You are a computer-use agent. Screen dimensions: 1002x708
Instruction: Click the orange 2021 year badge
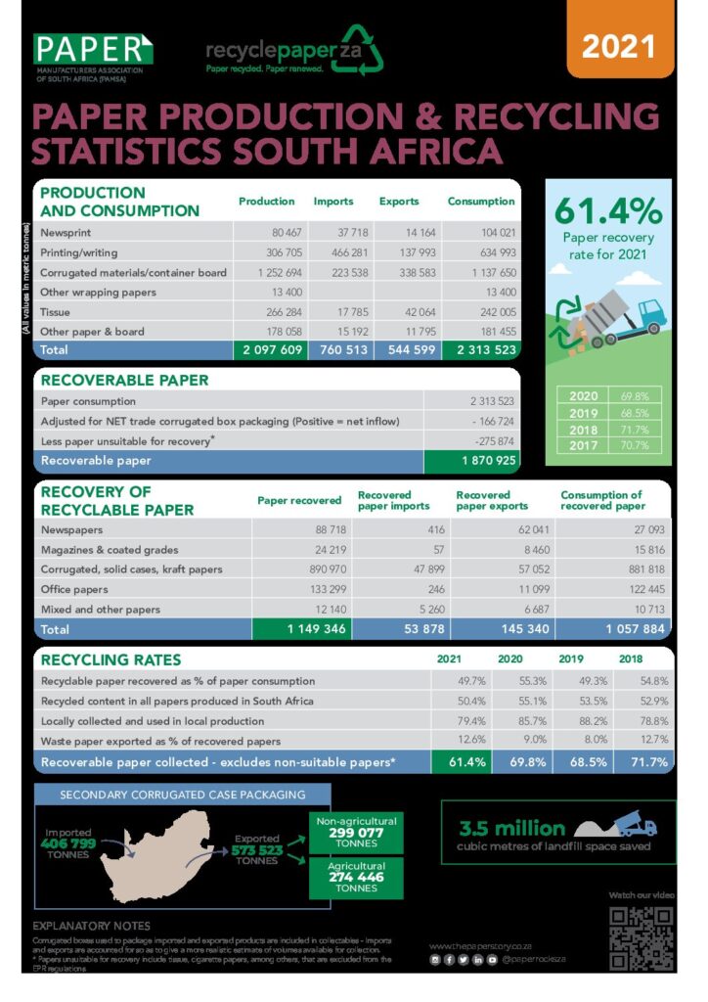click(x=620, y=46)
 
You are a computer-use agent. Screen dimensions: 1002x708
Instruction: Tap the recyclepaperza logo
click(x=293, y=52)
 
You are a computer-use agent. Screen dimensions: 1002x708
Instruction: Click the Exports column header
click(x=399, y=202)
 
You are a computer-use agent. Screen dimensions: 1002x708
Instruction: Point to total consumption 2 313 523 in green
click(x=481, y=350)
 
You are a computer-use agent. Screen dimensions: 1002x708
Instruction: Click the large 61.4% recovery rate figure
click(x=607, y=210)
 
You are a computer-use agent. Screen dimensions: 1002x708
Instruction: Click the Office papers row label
click(x=74, y=589)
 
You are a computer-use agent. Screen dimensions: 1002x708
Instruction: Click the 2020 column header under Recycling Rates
click(x=509, y=660)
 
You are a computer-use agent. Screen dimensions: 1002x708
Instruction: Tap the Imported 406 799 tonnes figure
click(x=68, y=843)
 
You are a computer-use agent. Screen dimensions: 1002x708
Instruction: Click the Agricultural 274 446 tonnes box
click(x=356, y=878)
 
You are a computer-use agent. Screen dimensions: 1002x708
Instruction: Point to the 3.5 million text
click(x=512, y=828)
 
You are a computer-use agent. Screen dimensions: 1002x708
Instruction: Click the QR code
click(x=641, y=937)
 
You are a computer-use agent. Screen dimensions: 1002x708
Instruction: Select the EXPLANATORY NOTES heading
click(x=92, y=926)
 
